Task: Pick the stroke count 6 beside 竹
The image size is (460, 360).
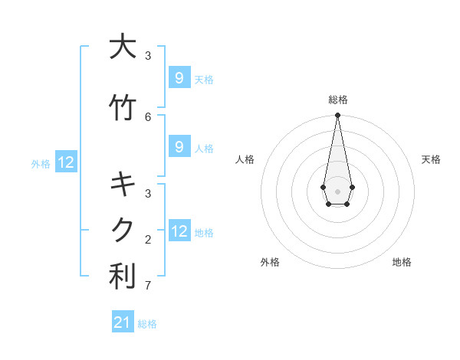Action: point(148,116)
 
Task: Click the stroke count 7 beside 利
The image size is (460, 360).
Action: point(148,286)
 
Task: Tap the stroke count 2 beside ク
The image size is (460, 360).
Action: point(148,240)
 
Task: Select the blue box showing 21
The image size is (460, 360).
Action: point(123,322)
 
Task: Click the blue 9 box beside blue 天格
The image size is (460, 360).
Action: point(179,78)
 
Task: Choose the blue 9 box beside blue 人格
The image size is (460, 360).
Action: point(179,147)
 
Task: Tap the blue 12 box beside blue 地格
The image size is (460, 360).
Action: point(179,231)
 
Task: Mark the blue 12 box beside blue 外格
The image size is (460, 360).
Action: point(66,162)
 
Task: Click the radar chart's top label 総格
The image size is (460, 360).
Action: point(337,100)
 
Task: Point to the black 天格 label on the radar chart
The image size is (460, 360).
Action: point(431,159)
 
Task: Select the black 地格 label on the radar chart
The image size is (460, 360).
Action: point(402,262)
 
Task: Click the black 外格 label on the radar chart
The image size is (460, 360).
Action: point(270,262)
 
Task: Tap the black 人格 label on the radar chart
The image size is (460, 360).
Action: point(245,159)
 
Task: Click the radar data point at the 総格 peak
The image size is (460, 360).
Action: point(337,116)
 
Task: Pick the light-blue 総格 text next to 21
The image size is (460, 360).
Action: point(147,324)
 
